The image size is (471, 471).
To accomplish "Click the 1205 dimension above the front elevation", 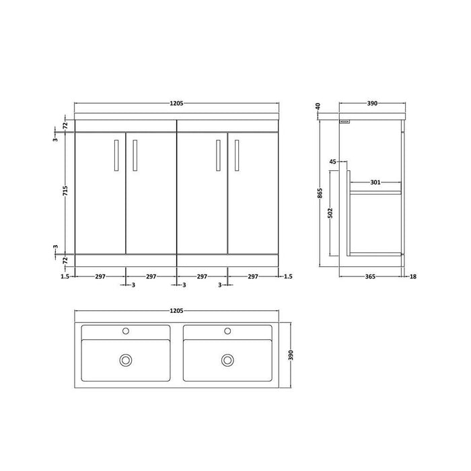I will tap(176, 104).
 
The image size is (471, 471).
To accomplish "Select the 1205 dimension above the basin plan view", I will tap(176, 311).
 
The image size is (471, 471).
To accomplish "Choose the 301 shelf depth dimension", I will tap(375, 182).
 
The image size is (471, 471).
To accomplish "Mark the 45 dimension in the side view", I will tap(333, 161).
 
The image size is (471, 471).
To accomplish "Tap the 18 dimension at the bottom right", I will tap(412, 276).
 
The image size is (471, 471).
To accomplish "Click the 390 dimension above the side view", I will tap(372, 104).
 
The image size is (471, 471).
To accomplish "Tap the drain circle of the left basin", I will tap(125, 360).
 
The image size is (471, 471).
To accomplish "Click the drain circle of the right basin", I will tap(227, 360).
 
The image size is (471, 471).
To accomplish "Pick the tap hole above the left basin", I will tap(125, 331).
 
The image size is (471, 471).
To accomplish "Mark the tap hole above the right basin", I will tap(227, 331).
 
